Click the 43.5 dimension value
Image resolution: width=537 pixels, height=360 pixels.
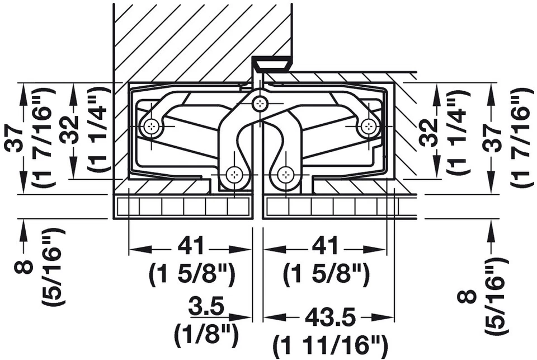330,318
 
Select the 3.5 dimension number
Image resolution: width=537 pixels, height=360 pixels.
206,308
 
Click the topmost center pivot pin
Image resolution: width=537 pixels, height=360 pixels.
259,104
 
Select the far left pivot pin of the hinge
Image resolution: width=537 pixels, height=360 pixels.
151,128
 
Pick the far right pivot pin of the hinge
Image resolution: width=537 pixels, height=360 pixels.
367,127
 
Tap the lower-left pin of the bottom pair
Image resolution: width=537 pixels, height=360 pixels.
234,175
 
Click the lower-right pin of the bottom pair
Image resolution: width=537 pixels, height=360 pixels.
285,175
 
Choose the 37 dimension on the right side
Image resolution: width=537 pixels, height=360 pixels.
492,138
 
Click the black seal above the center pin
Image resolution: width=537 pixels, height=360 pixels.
271,64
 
